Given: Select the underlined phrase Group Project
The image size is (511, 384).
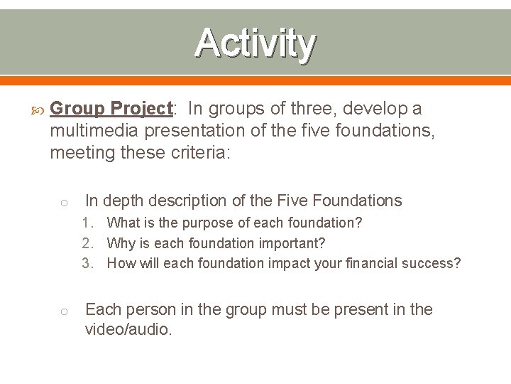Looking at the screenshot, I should (x=112, y=109).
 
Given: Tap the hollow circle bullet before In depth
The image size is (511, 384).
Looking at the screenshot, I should (x=63, y=203).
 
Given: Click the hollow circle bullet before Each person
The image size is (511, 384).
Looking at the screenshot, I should (x=63, y=311).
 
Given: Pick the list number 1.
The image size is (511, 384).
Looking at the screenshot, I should (x=87, y=223).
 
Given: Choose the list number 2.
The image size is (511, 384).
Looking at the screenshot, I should (x=87, y=244).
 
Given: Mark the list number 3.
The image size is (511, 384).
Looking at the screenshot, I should (x=87, y=264).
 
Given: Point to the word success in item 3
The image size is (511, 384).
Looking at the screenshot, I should (x=427, y=264).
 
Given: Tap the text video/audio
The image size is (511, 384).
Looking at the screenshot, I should (x=128, y=329).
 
